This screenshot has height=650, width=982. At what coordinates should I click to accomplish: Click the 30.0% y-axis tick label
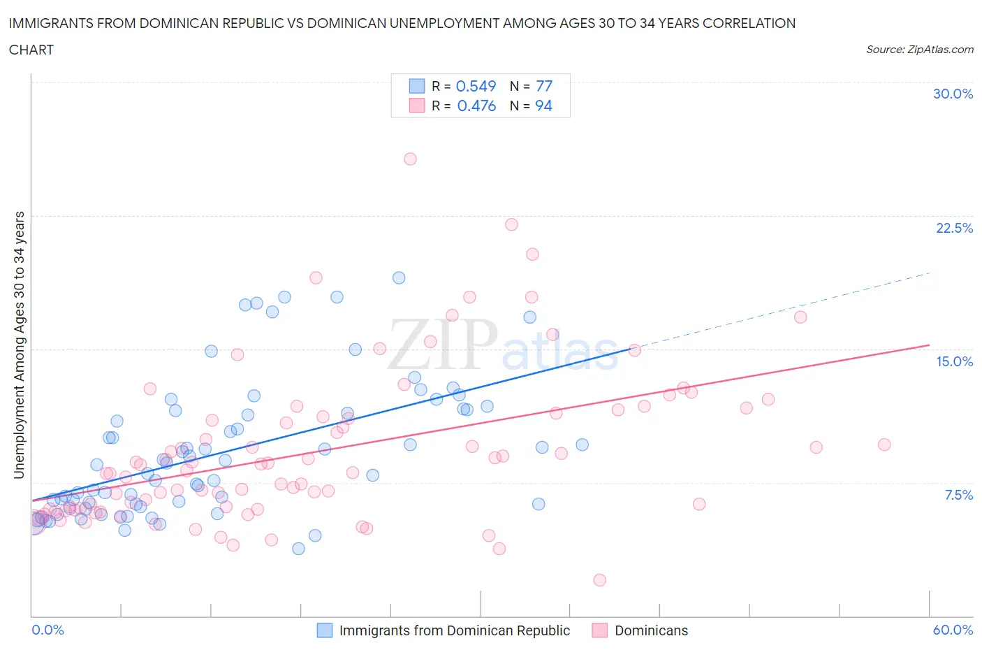pyautogui.click(x=953, y=94)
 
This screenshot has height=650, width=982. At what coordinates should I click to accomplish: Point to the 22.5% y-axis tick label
pyautogui.click(x=954, y=228)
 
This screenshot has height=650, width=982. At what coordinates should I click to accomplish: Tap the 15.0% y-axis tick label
pyautogui.click(x=954, y=361)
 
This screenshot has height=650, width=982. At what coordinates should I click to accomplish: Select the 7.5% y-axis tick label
pyautogui.click(x=958, y=495)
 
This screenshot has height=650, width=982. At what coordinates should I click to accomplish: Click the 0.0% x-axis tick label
pyautogui.click(x=47, y=630)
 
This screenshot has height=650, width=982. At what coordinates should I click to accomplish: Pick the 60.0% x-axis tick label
pyautogui.click(x=953, y=630)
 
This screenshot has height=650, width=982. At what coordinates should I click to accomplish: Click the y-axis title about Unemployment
pyautogui.click(x=20, y=345)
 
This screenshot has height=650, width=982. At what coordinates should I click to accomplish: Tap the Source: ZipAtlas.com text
pyautogui.click(x=919, y=50)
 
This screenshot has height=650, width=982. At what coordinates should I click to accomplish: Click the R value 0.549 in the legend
pyautogui.click(x=476, y=86)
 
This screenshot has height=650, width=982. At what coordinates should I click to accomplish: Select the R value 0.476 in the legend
pyautogui.click(x=476, y=106)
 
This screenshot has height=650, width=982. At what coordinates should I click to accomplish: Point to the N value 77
pyautogui.click(x=544, y=86)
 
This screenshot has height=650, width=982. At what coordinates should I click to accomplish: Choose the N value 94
pyautogui.click(x=543, y=106)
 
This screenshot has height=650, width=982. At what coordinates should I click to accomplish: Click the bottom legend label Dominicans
pyautogui.click(x=651, y=630)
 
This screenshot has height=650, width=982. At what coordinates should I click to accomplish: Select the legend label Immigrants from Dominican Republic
pyautogui.click(x=454, y=630)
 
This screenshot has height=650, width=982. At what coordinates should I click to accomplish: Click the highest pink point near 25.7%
pyautogui.click(x=410, y=159)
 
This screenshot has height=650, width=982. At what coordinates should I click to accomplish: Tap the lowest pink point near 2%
pyautogui.click(x=599, y=579)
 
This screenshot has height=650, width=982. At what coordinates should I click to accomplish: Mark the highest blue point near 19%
pyautogui.click(x=399, y=277)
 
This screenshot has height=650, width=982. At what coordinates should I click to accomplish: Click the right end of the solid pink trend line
pyautogui.click(x=930, y=345)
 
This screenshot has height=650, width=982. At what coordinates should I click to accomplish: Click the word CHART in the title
pyautogui.click(x=31, y=50)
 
